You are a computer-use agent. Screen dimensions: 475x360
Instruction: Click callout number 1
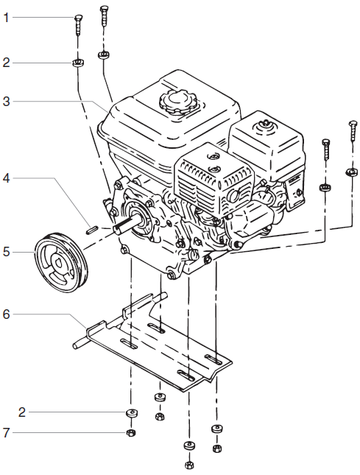[6, 16]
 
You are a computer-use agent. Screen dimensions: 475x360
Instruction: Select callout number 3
[6, 101]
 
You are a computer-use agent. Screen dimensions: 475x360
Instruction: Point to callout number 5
[6, 251]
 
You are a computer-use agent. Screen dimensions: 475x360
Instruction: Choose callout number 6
[6, 314]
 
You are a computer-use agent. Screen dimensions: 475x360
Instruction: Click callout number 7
[6, 432]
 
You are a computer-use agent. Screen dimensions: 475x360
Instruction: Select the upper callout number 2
[6, 63]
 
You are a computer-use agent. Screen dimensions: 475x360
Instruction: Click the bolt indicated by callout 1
[77, 27]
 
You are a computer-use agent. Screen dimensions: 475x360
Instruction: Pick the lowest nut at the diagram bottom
[189, 464]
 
